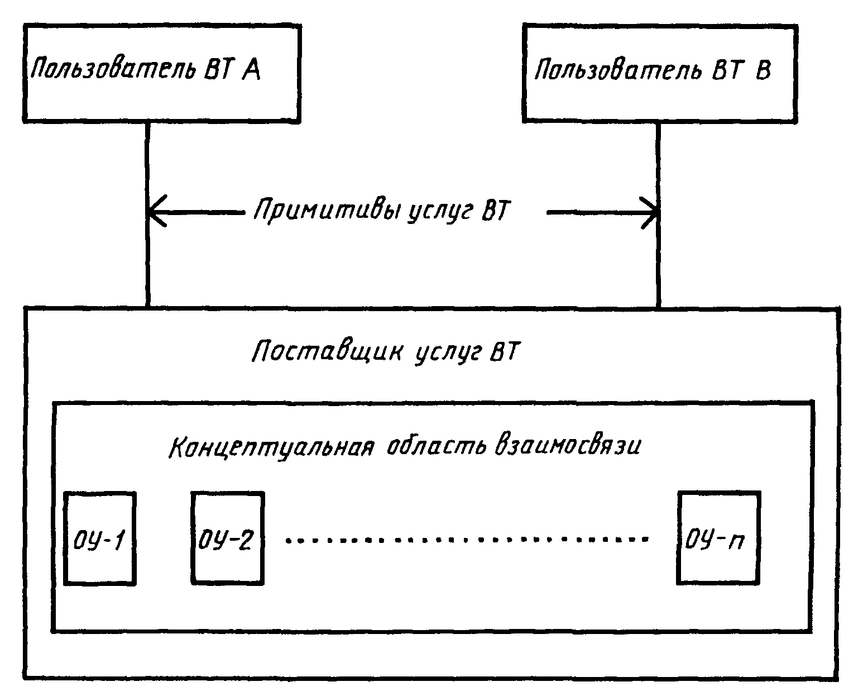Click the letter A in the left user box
click(x=251, y=70)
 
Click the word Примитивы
click(x=327, y=210)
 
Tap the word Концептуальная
click(x=272, y=447)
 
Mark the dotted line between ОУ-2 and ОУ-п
click(x=467, y=540)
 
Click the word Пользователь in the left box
click(x=113, y=69)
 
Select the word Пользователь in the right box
click(x=619, y=69)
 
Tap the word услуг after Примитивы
click(x=440, y=212)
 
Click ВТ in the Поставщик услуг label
click(x=505, y=351)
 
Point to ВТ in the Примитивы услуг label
click(x=496, y=210)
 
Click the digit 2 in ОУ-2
click(x=244, y=540)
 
